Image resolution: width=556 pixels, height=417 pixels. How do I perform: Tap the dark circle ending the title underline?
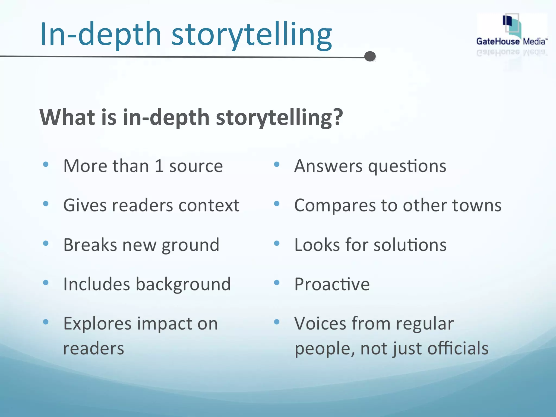coord(370,56)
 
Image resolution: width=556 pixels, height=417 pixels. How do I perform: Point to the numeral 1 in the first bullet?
coord(159,166)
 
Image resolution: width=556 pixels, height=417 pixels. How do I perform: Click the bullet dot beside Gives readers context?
coord(46,204)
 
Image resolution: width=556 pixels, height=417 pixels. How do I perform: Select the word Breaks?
coord(90,245)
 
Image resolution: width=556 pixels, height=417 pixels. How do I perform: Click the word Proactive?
coord(332,285)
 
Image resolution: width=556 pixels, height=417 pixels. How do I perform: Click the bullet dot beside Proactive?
coord(277,283)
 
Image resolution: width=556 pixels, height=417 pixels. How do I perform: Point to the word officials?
coord(458,348)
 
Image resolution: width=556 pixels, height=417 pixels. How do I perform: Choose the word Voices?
coord(320,324)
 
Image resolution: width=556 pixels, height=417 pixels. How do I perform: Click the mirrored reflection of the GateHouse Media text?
coord(511,52)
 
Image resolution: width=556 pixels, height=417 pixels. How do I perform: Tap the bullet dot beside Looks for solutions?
coord(277,243)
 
